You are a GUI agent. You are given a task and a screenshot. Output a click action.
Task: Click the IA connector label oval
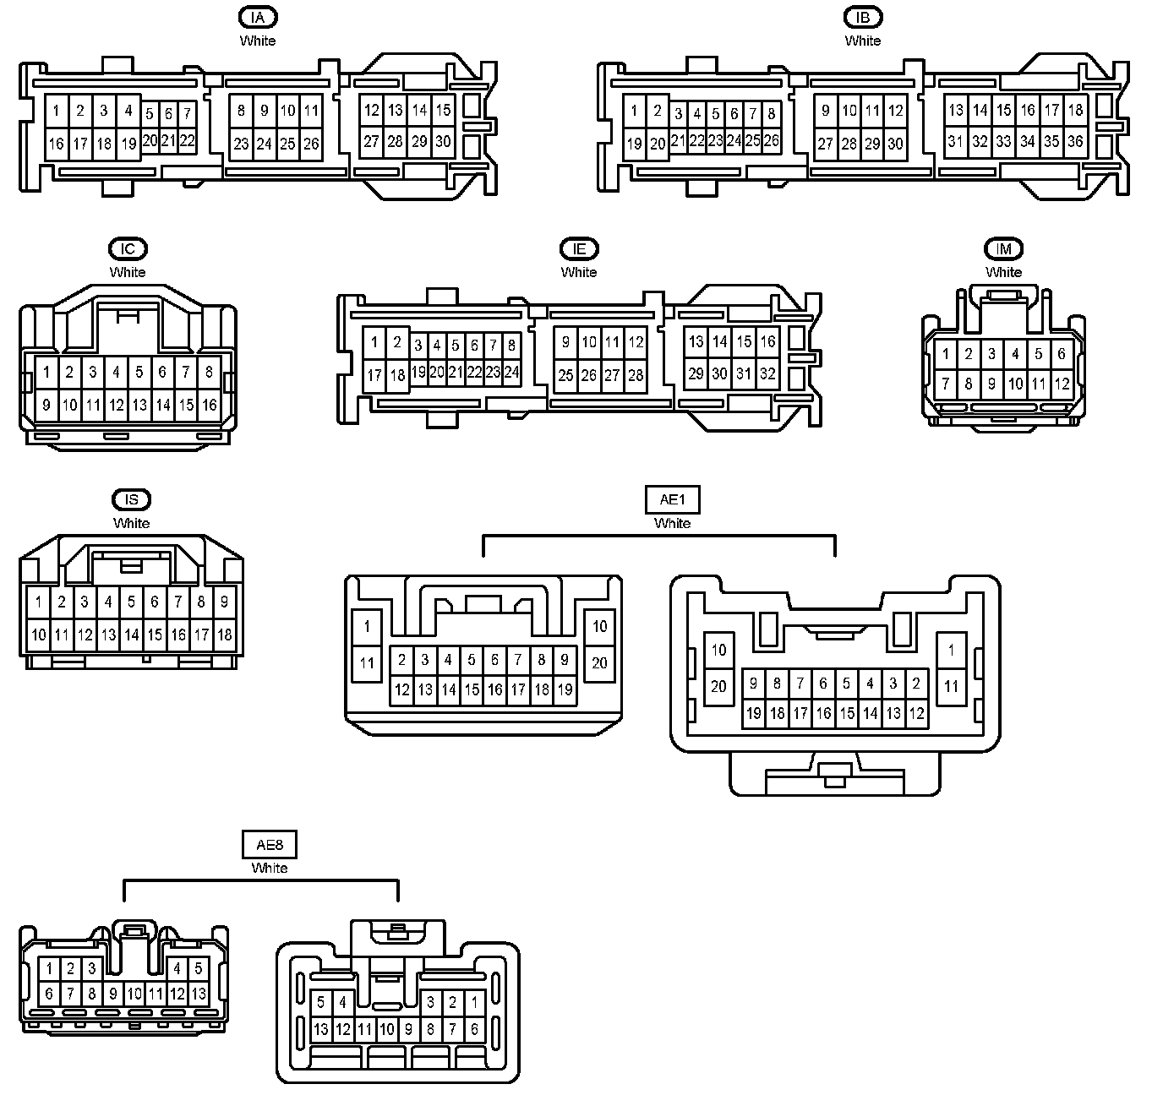(258, 17)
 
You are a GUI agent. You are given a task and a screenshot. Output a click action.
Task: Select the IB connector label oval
(862, 17)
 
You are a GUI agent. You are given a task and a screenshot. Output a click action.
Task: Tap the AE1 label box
(672, 500)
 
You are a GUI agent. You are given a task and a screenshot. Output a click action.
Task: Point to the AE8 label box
(270, 845)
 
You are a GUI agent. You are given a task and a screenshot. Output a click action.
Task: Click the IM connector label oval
(1003, 248)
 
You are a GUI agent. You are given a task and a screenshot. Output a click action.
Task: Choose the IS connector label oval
(131, 500)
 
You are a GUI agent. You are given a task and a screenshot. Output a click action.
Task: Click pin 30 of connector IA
(443, 142)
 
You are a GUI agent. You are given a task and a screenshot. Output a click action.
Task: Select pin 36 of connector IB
(1075, 141)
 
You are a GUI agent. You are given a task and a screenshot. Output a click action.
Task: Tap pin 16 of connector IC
(209, 405)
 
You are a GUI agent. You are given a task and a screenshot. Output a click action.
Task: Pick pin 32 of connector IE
(767, 373)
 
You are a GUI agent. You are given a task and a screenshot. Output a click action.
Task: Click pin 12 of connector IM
(1062, 384)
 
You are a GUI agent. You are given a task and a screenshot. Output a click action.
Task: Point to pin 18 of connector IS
(224, 635)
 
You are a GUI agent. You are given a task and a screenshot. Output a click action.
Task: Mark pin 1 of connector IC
(46, 372)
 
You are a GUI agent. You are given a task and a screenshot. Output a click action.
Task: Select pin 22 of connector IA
(187, 140)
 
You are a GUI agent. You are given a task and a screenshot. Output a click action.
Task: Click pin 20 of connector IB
(658, 144)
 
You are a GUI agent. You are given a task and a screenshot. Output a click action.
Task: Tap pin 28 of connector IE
(636, 375)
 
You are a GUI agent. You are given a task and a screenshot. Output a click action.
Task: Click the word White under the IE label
(579, 272)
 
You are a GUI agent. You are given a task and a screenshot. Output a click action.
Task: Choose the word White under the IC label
(128, 272)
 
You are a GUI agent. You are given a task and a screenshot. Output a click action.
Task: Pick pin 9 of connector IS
(224, 602)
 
